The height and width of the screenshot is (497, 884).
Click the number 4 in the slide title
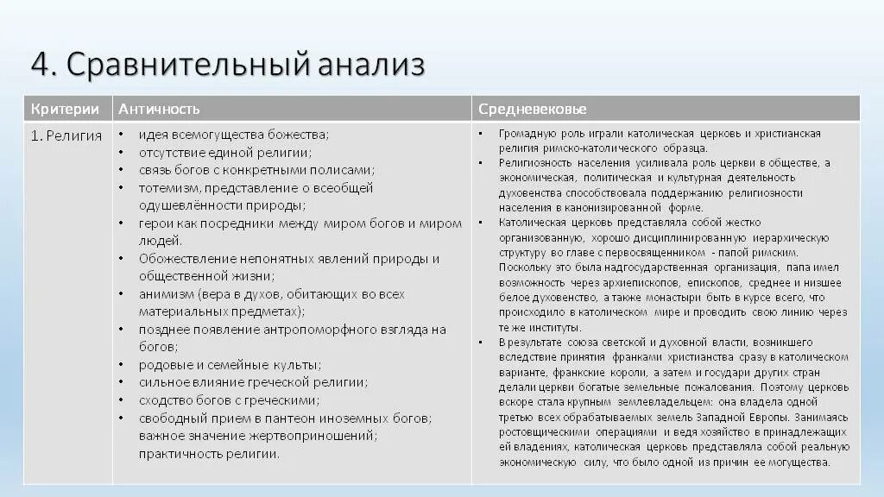pos(41,64)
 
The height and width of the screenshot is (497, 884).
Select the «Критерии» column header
pos(59,109)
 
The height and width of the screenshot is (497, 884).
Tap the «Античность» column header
pos(159,109)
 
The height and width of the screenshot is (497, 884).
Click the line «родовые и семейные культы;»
pos(230,365)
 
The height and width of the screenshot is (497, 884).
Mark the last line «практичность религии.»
pos(210,455)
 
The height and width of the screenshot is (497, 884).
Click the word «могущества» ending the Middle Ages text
pos(799,462)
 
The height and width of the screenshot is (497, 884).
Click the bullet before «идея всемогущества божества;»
pos(122,135)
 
